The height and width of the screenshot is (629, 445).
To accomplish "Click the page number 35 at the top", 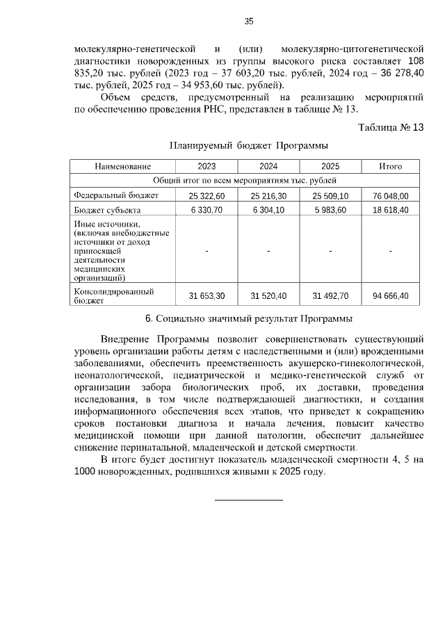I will pos(248,22).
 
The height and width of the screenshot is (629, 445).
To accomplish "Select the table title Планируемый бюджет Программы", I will pos(248,146).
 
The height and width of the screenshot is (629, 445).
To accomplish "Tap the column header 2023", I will pos(207,167).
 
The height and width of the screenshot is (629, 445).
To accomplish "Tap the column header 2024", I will pos(268,167).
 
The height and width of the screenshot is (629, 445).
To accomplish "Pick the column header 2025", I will pos(330,167).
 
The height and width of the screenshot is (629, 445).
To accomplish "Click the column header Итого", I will pos(390,167).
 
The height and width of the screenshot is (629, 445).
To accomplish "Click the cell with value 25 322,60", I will pos(207,196).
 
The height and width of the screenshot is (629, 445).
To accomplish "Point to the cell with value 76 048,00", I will pos(390,196).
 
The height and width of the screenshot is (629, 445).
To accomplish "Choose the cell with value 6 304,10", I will pos(268,210).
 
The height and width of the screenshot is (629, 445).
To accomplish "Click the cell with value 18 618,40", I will pos(390,210).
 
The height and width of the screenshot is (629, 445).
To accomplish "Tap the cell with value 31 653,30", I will pos(207,296).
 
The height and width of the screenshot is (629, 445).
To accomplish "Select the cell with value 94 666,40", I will pos(390,296).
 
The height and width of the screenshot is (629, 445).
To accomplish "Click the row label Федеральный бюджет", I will pos(117,195).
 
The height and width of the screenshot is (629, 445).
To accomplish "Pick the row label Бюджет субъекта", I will pos(108,210).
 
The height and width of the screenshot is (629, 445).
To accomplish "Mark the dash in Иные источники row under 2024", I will pos(268,251).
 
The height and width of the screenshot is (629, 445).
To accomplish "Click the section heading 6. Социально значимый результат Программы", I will pos(248,319).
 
